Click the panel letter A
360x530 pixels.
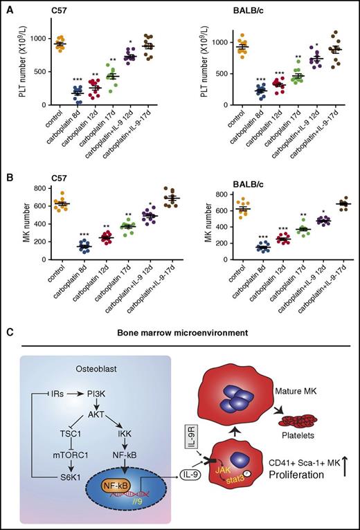pos(9,8)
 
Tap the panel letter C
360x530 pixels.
pos(9,333)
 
